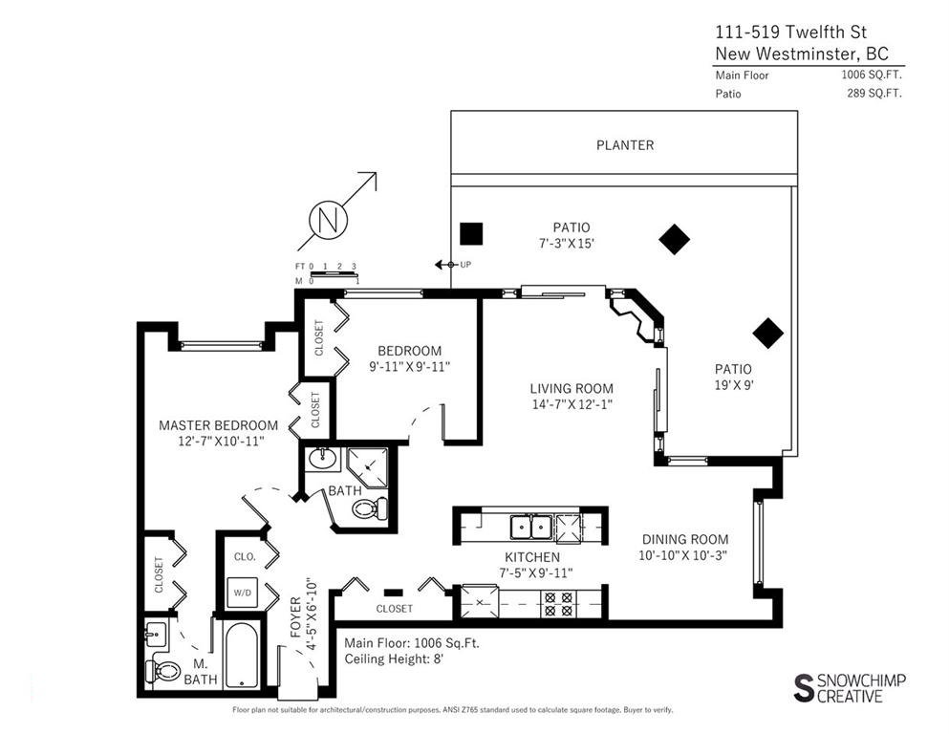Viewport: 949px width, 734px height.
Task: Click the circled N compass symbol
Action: point(328,219)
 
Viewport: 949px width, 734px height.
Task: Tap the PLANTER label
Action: point(625,145)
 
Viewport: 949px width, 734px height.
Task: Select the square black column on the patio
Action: point(471,233)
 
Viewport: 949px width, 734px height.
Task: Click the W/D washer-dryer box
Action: point(243,593)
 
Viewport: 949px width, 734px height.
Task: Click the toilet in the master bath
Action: point(163,670)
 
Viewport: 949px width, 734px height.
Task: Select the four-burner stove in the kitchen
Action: point(558,603)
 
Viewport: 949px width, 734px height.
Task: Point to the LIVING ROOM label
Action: point(572,389)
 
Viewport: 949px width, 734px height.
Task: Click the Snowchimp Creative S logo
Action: point(803,688)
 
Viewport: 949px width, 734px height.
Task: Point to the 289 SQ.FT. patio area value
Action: point(874,94)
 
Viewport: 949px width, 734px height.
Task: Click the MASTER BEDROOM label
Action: point(219,425)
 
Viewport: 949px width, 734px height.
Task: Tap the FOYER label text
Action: point(295,617)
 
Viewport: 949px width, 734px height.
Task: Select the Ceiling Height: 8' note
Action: point(394,658)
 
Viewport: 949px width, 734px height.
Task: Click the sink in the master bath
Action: point(156,635)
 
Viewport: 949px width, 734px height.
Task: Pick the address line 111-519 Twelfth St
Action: point(791,32)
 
